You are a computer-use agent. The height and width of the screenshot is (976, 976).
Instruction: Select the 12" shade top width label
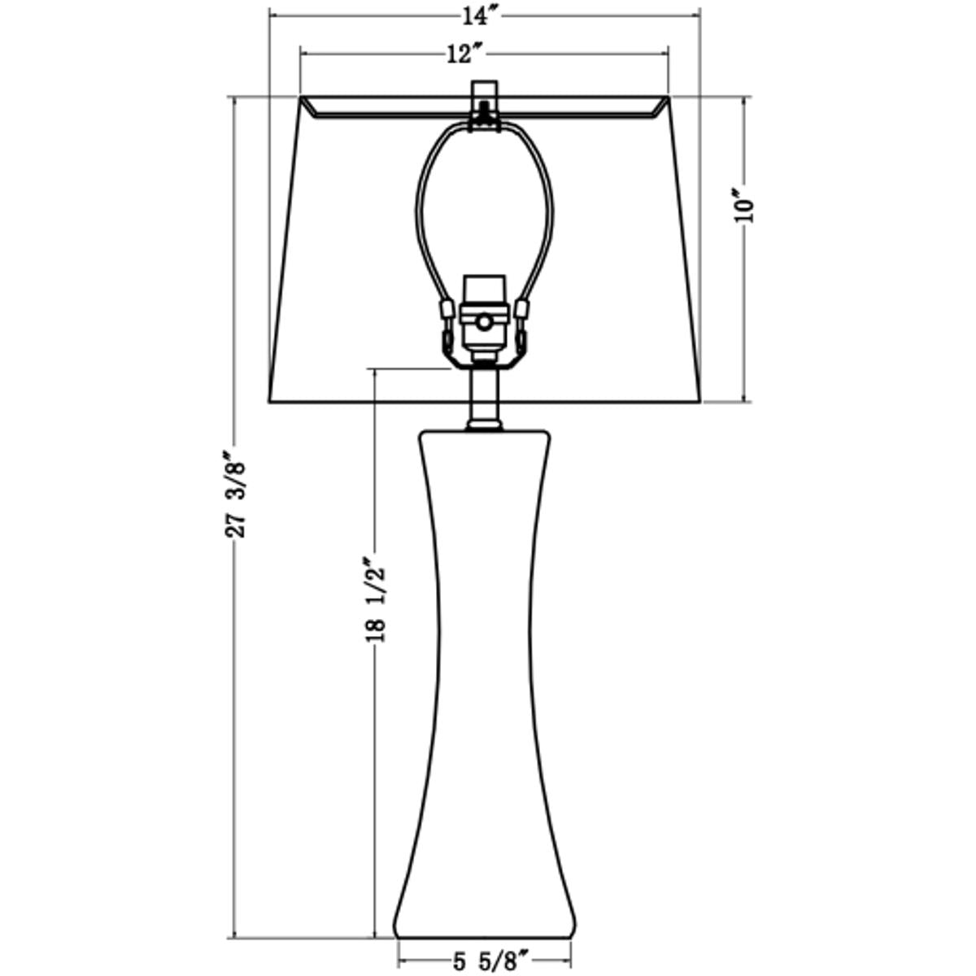click(x=465, y=54)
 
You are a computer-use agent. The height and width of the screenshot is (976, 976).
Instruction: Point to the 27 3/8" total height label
click(x=235, y=496)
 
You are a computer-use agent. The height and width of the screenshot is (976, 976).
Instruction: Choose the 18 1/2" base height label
click(x=374, y=599)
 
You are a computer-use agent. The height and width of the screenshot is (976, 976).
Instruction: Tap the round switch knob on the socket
click(x=485, y=323)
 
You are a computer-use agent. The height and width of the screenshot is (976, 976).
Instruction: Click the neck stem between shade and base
click(x=484, y=394)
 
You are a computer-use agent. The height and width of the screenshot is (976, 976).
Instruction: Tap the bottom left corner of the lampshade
click(x=271, y=400)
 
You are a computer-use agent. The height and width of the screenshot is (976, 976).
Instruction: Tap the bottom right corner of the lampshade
click(x=700, y=400)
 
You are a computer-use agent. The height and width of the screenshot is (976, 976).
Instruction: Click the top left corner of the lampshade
click(x=303, y=98)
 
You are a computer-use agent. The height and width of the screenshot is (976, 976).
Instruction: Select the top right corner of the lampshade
click(x=668, y=98)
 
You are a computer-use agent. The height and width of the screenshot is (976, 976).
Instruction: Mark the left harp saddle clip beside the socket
click(x=447, y=310)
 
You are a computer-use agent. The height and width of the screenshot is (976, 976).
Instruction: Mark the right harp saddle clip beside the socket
click(x=522, y=310)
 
